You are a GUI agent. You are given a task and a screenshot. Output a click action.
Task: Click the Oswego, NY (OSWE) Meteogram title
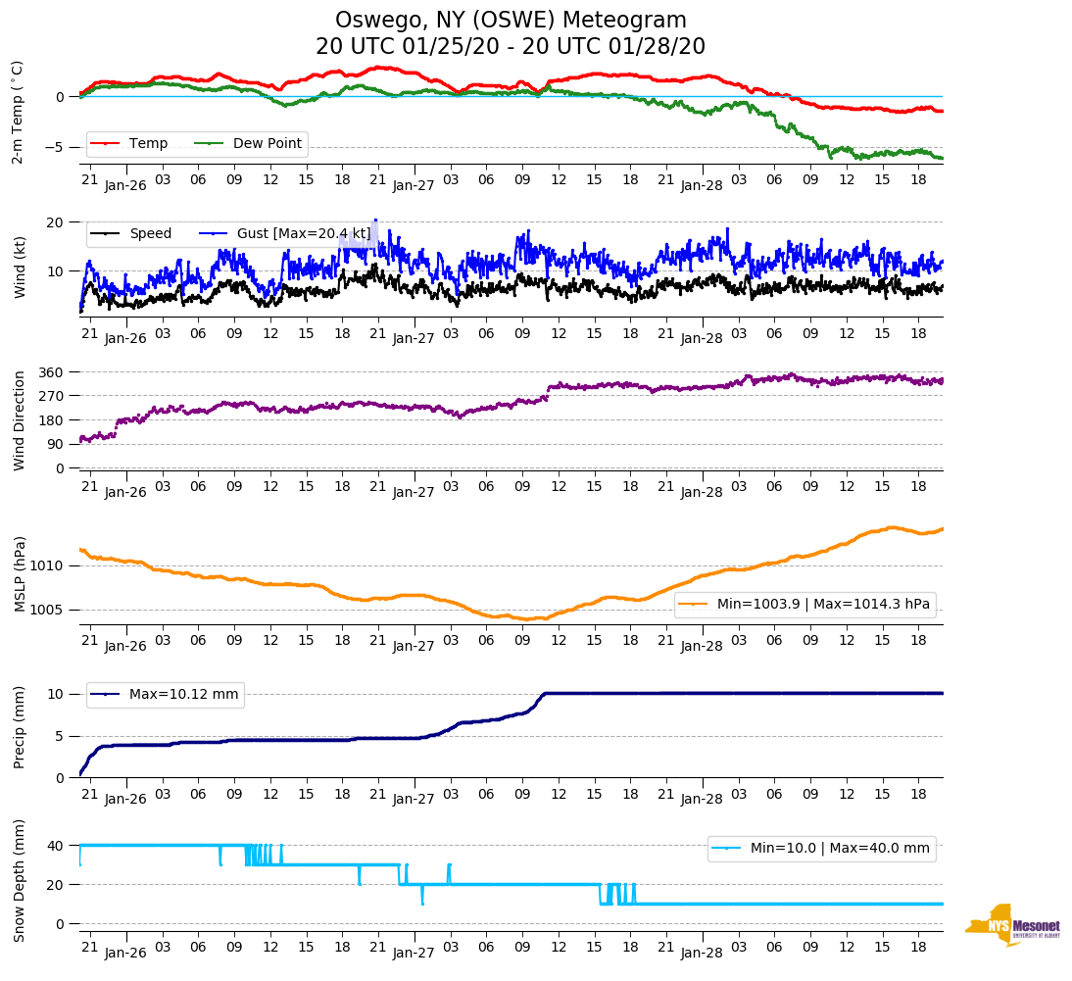511,21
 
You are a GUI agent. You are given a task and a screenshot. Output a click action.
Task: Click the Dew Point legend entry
268,144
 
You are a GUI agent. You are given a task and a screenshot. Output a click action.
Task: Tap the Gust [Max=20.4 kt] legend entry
304,234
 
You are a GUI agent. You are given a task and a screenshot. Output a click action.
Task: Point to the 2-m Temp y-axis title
18,112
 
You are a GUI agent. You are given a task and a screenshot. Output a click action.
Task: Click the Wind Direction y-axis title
19,420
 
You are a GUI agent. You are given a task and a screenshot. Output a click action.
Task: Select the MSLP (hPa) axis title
19,574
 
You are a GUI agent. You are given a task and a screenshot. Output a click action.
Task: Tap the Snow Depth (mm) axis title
19,880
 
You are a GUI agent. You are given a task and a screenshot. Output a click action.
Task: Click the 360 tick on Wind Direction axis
51,372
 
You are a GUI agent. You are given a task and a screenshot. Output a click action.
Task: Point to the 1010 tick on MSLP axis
47,566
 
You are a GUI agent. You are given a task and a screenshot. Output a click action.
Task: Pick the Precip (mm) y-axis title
19,728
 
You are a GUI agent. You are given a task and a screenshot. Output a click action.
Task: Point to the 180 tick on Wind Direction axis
51,420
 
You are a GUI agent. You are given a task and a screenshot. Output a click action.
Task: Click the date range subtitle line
511,47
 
